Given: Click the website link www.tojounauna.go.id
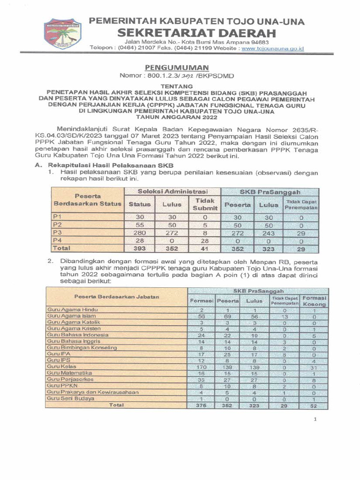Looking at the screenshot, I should [x=273, y=48].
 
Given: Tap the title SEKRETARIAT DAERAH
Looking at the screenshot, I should [x=196, y=34].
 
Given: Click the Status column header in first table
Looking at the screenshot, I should [x=139, y=204].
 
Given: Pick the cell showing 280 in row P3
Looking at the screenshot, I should [x=139, y=232].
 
